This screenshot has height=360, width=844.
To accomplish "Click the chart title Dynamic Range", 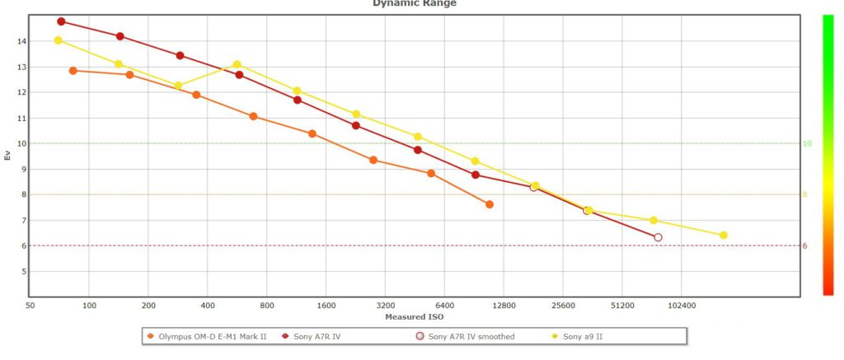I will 415,3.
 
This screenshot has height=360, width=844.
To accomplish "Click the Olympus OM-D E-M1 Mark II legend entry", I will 206,336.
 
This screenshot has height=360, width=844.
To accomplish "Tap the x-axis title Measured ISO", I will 415,316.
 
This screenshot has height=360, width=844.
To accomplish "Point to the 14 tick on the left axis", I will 22,41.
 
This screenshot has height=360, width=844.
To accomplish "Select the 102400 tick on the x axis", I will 682,306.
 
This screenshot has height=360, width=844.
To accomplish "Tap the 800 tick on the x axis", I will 267,306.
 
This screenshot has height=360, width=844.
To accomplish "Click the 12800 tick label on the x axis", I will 504,306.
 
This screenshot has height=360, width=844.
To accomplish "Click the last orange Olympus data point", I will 490,204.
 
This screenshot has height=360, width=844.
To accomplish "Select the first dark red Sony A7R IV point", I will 62,21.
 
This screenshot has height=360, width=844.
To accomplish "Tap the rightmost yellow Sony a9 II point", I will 724,236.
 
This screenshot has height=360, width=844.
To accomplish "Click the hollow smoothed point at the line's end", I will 658,237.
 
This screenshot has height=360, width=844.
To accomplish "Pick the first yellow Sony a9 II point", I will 59,40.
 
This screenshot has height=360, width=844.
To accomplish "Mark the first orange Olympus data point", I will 73,71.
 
